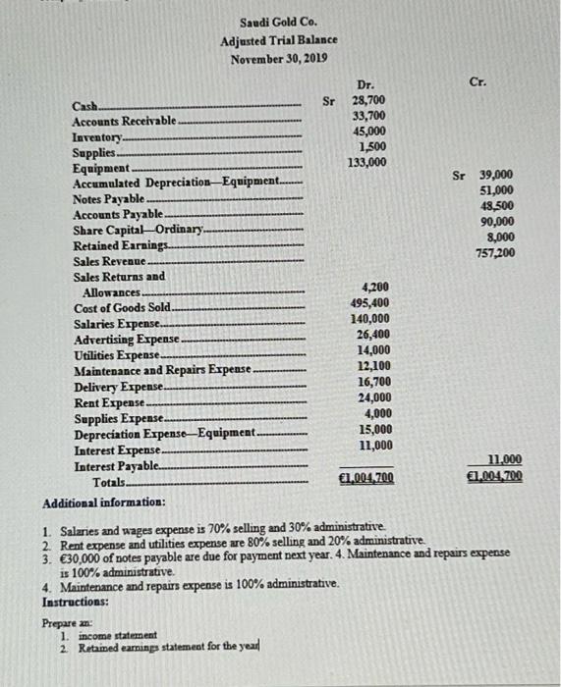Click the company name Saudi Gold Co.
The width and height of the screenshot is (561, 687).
tap(278, 23)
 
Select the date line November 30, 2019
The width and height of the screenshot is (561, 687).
tap(278, 58)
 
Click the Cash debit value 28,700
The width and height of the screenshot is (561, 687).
tap(368, 101)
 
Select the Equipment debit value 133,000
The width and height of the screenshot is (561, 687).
tap(366, 161)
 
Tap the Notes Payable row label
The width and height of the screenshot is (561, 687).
tap(105, 198)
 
